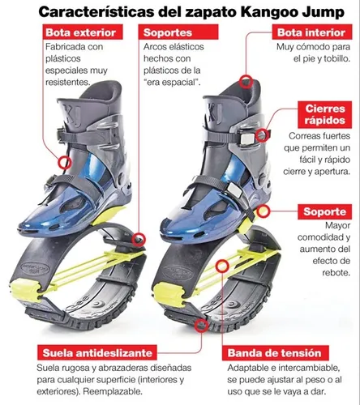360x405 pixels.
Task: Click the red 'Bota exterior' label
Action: tap(83, 32)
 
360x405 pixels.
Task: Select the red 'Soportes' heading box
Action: tap(178, 32)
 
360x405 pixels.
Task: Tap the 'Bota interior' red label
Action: tap(312, 32)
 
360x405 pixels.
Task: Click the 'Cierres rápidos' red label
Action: tap(325, 114)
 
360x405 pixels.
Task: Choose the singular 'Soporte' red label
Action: tap(325, 211)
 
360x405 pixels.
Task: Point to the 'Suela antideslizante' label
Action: tap(97, 352)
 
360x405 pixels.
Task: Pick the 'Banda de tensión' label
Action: tap(275, 352)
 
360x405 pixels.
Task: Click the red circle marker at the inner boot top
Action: tap(246, 82)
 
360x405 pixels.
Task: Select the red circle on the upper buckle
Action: tap(262, 135)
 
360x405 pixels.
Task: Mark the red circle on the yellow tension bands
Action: tap(222, 266)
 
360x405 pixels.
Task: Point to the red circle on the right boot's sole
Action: tap(201, 325)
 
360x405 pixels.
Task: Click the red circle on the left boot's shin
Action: tap(65, 163)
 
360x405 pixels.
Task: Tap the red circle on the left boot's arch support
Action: tap(139, 240)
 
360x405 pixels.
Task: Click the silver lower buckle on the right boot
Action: tap(234, 189)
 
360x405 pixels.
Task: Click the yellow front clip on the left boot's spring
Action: tap(25, 290)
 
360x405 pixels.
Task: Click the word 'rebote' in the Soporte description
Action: tap(336, 272)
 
